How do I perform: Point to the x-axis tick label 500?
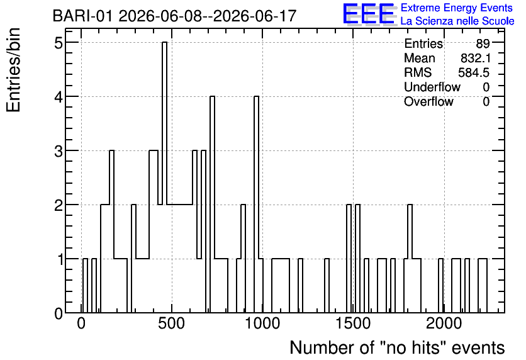coord(171,324)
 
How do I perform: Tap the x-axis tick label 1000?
coord(262,324)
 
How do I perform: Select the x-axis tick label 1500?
coord(353,324)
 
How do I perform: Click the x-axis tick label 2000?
coord(444,324)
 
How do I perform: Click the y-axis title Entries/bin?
coord(13,70)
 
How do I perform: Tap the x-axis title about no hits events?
coord(397,347)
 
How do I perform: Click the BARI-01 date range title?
coord(174,16)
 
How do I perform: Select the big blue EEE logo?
coord(369,14)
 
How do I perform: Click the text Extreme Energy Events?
coord(457,8)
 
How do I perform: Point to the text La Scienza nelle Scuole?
coord(457,21)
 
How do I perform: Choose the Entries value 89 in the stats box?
coord(483,43)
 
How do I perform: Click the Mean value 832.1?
coord(475,58)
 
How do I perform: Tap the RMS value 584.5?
coord(474,72)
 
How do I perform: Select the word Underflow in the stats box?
coord(432,87)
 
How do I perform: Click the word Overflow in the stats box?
coord(428,102)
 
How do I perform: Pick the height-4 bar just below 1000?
coord(256,205)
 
